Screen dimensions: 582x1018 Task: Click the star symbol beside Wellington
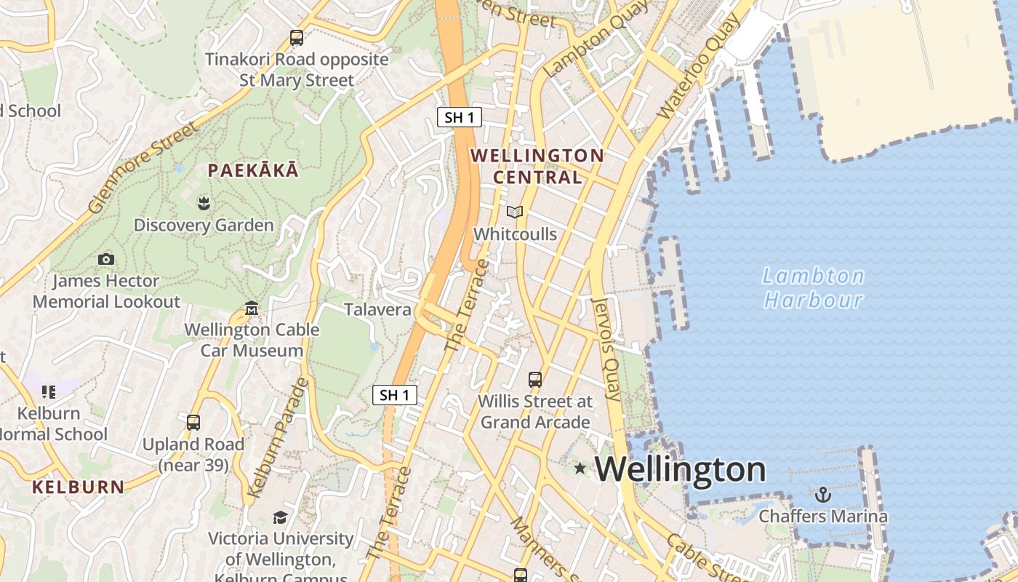[580, 468]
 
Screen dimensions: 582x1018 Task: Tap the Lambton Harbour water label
[813, 288]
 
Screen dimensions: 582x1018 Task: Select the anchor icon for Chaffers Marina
[823, 495]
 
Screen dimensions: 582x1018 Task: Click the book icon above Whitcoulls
[515, 212]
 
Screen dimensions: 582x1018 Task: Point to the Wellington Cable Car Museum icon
[252, 308]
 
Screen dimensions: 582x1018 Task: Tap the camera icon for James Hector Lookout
[106, 259]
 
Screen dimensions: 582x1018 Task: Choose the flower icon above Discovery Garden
[204, 203]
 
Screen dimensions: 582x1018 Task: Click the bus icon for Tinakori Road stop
[297, 38]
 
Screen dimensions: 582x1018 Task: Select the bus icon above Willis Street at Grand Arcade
[535, 380]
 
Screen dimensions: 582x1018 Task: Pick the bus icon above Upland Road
[193, 423]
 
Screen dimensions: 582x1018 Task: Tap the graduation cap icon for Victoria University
[280, 517]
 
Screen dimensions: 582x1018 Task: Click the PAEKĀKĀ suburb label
[253, 171]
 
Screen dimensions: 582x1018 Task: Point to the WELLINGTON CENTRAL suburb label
[537, 166]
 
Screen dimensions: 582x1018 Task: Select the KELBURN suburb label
[78, 487]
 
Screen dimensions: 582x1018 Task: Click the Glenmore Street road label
[143, 168]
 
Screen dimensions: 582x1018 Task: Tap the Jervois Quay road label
[606, 349]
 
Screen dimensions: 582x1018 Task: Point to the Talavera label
[377, 309]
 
